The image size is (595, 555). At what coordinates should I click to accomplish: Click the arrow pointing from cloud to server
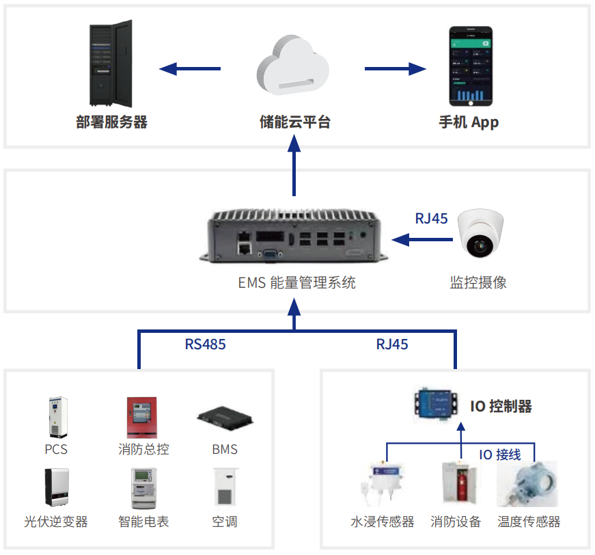(x=190, y=68)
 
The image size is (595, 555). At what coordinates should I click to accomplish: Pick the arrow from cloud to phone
(x=396, y=68)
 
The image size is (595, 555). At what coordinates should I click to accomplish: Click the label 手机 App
(x=469, y=122)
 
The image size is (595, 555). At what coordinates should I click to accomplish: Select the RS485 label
(x=205, y=344)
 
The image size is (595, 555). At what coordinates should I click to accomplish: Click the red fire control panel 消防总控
(x=141, y=418)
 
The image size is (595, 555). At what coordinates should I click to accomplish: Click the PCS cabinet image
(x=58, y=418)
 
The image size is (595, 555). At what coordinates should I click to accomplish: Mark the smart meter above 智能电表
(x=142, y=489)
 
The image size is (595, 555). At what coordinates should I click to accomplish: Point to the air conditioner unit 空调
(x=225, y=489)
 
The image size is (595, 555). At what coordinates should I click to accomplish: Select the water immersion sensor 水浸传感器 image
(x=382, y=486)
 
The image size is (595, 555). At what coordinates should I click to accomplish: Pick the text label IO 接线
(x=499, y=455)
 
